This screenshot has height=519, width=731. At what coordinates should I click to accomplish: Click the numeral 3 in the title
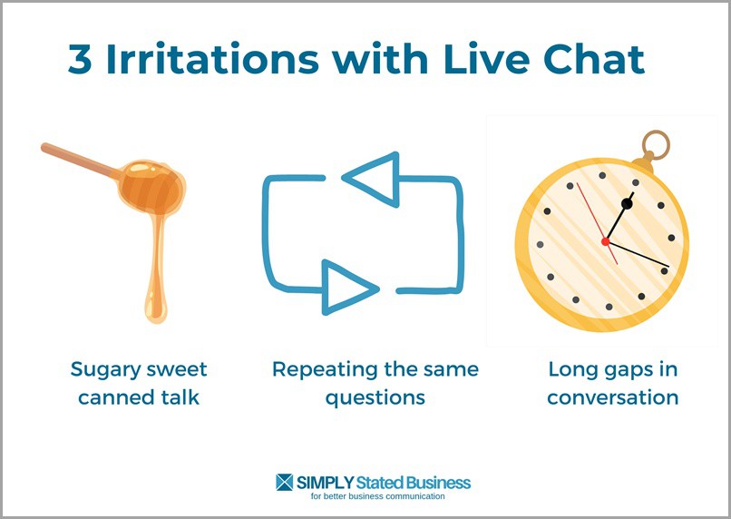[82, 60]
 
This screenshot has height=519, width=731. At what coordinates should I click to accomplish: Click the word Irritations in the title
[212, 60]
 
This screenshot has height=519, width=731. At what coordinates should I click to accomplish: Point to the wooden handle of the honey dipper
[82, 161]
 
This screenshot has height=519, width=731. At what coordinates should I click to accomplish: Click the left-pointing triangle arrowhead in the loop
[374, 178]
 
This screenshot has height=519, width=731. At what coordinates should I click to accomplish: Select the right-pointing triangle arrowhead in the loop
[347, 286]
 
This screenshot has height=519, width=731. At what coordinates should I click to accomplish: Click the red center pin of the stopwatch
[605, 241]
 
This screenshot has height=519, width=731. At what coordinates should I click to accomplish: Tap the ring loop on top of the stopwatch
[656, 144]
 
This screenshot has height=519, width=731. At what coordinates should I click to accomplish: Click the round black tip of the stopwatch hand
[627, 204]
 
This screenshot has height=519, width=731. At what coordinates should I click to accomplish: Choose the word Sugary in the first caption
[107, 370]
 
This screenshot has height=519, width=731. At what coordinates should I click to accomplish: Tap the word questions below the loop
[375, 397]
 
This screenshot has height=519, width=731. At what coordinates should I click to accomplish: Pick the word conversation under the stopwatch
[612, 397]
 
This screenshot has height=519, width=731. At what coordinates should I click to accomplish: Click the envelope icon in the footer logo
[285, 482]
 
